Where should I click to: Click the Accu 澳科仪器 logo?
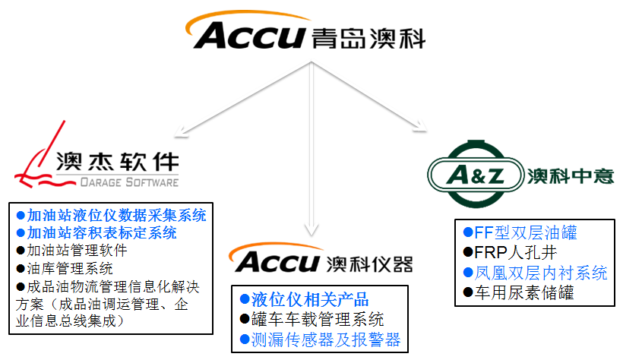point(324,262)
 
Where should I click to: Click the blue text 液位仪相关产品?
point(305,299)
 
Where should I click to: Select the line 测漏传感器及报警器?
point(320,339)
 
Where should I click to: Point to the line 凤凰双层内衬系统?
point(536,272)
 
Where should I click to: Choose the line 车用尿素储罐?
point(520,292)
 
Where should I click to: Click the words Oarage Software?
point(129,182)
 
